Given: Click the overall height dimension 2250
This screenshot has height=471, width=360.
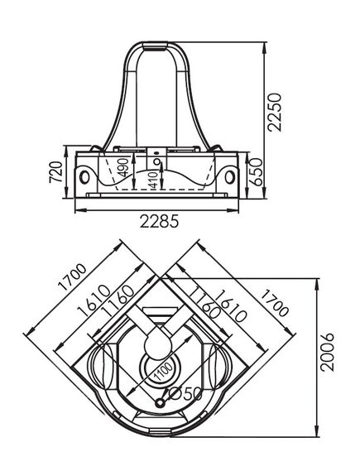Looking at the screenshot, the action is (x=275, y=112).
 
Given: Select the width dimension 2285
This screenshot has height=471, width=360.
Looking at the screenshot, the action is (x=159, y=221).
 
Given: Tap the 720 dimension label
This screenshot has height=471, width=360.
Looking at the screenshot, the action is (x=56, y=172).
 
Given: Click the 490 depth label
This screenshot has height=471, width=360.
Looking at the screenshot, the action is (x=123, y=167).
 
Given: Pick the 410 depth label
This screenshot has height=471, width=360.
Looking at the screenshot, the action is (x=153, y=180).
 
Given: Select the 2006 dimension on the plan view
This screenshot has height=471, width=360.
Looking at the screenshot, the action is (x=327, y=352).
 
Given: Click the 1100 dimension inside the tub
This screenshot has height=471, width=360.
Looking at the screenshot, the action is (x=163, y=372).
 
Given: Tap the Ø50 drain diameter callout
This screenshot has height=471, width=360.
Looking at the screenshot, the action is (x=185, y=394).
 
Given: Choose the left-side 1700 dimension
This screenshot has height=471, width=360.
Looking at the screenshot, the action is (x=72, y=277).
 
